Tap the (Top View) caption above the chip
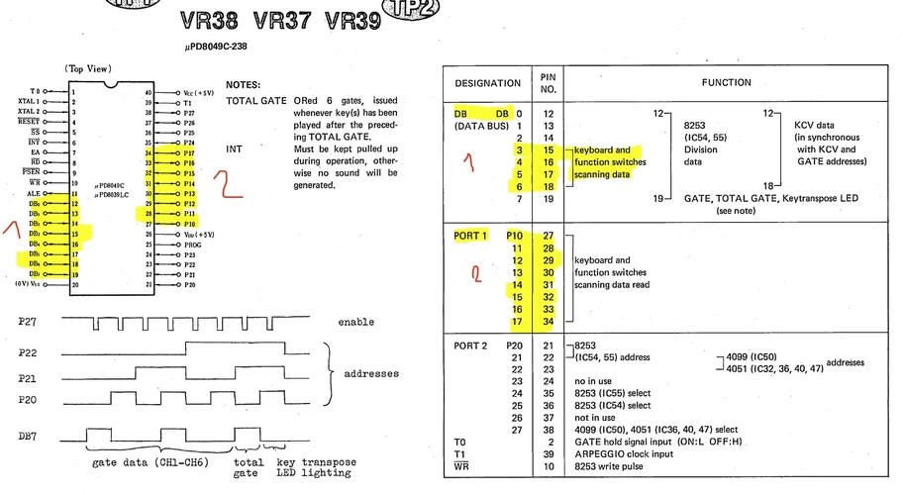[x=88, y=68]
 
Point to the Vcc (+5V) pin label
[x=194, y=91]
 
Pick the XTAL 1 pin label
[x=28, y=101]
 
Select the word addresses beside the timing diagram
[x=372, y=373]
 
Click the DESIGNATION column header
[x=487, y=83]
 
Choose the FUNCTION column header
[x=727, y=83]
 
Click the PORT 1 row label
[x=471, y=236]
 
